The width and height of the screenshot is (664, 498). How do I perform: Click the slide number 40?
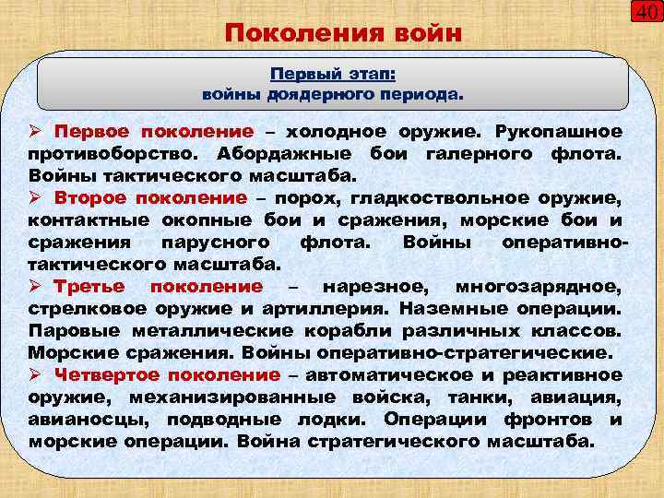646,14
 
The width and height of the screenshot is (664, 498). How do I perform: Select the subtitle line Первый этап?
332,73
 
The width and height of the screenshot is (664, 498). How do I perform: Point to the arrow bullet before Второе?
37,197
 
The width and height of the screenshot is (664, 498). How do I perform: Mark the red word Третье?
90,286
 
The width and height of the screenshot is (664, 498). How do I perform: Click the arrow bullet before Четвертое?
37,374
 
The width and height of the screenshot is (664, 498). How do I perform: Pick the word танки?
483,397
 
